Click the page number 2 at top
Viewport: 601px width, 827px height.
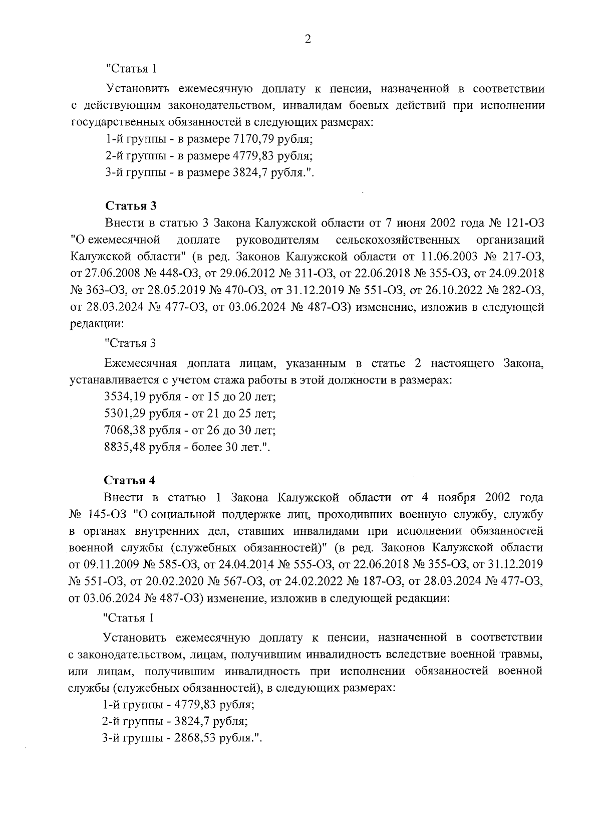pos(308,40)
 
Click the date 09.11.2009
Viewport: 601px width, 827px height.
pos(111,564)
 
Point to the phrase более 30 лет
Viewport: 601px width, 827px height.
pos(230,447)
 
